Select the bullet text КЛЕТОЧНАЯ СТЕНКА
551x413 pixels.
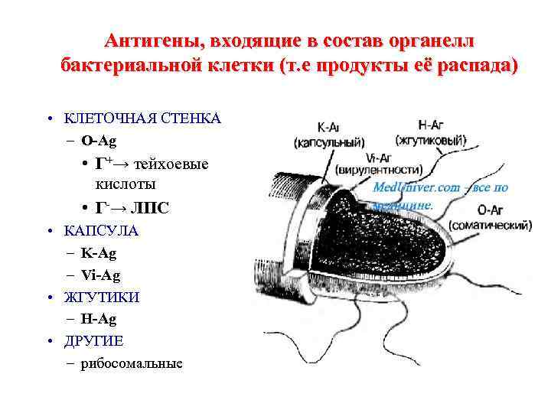(x=142, y=118)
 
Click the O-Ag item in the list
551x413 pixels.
(x=99, y=140)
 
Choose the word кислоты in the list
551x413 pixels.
(x=126, y=184)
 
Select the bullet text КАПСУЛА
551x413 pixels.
(x=102, y=229)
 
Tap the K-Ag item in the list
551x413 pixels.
(x=99, y=252)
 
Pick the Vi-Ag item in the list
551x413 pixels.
(x=100, y=275)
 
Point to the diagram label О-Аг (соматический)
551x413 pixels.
(x=490, y=218)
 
